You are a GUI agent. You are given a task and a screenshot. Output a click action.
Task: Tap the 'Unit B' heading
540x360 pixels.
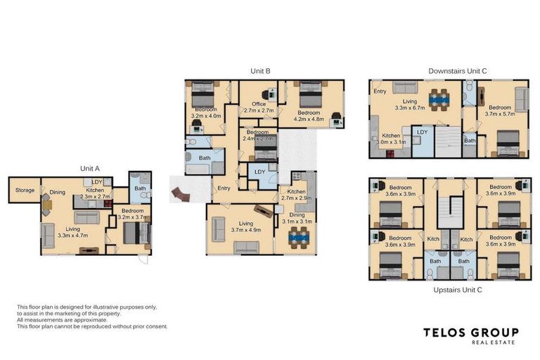260,71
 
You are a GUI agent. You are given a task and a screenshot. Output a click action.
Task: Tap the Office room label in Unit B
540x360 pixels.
258,108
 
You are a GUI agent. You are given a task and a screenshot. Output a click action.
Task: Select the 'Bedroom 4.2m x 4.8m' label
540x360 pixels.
309,116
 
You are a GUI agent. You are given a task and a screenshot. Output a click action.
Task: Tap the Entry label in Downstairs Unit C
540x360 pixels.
380,91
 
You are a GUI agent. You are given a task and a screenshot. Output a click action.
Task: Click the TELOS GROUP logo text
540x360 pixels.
470,332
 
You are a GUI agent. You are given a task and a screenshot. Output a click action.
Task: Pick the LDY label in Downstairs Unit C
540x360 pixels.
423,131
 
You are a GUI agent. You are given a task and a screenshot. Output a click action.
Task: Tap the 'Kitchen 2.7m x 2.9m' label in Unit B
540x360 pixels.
295,195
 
